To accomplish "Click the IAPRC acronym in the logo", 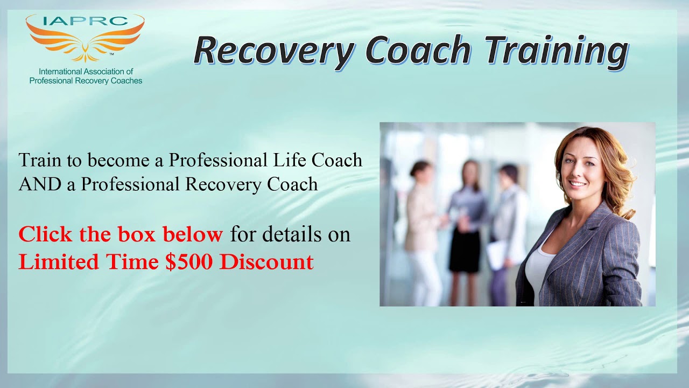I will [x=85, y=22].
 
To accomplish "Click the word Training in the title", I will [x=556, y=51].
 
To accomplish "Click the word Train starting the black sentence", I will [x=39, y=160].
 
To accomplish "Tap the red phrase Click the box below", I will [x=121, y=234].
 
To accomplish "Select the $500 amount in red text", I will [x=190, y=262].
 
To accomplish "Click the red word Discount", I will [x=266, y=262].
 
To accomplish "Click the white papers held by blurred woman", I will [x=497, y=254].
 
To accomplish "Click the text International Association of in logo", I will [x=86, y=71].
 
